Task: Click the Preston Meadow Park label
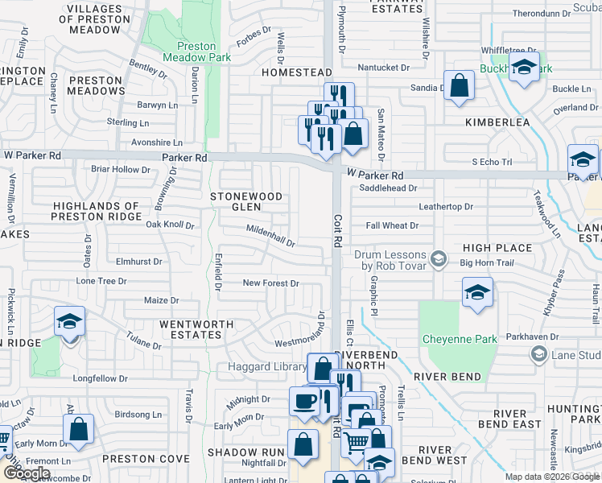(x=196, y=52)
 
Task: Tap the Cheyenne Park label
(x=462, y=339)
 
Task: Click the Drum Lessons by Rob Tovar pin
(x=439, y=258)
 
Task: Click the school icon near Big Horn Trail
(x=477, y=293)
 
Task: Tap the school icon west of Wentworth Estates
(x=70, y=322)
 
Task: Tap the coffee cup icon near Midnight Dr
(x=305, y=401)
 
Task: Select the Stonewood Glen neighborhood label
(x=246, y=201)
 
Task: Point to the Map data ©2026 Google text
(x=551, y=477)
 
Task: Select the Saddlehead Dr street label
(x=388, y=188)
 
